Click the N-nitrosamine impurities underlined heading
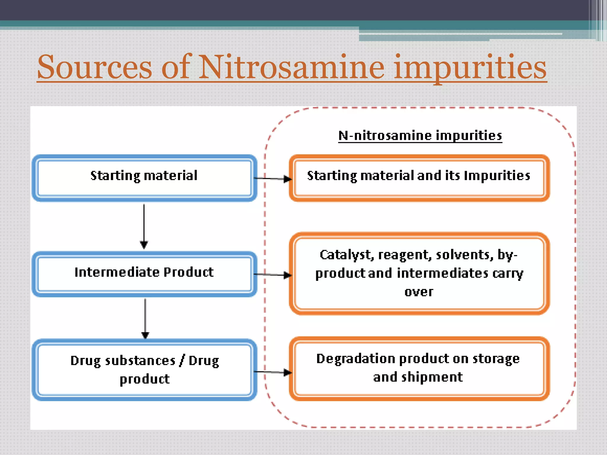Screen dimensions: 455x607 420,136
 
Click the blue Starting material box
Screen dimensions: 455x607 144,178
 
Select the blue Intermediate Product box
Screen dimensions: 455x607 144,274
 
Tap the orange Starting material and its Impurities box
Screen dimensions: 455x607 419,178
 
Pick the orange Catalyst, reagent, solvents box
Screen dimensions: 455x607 419,273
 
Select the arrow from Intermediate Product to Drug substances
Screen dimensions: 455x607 145,318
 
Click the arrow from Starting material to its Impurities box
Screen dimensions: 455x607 273,179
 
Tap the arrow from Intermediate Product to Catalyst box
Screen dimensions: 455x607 273,275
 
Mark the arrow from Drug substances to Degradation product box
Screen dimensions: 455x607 273,372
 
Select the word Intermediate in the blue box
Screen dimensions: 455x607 116,272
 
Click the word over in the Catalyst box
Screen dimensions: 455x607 419,292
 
